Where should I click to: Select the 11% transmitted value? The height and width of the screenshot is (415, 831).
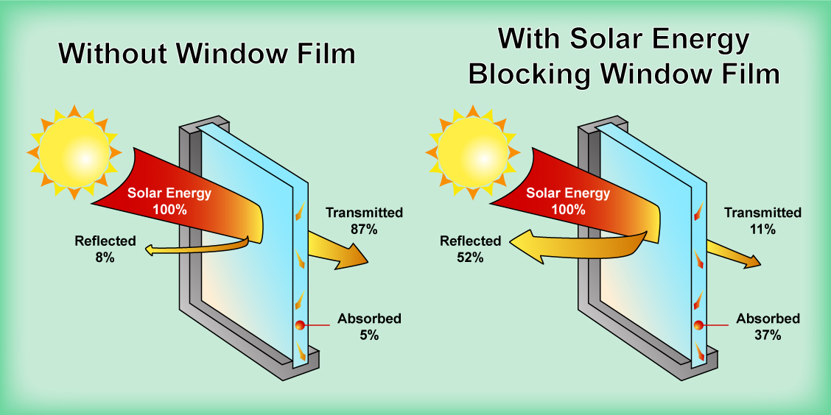762,229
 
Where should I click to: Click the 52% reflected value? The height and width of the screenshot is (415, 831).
469,258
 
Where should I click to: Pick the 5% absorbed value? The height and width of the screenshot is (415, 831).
369,336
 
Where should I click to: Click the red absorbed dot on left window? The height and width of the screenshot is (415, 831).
299,325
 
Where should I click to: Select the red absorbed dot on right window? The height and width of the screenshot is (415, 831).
698,325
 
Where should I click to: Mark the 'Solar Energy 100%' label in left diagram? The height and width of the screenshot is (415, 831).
169,201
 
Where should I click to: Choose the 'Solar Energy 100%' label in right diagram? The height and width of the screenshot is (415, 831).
567,201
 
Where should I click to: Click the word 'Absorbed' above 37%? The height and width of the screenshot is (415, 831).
768,319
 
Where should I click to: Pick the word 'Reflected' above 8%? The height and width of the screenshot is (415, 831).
105,241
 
